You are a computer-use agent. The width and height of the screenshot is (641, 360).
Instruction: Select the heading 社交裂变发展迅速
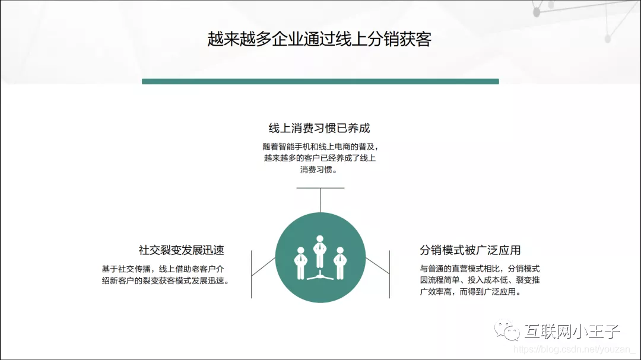(181, 250)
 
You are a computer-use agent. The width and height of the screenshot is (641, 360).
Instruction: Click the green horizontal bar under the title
(320, 81)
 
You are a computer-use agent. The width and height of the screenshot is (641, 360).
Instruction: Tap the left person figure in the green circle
(300, 262)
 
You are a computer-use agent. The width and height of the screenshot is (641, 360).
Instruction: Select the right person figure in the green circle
(339, 262)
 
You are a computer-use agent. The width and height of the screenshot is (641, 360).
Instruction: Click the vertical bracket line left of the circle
(252, 274)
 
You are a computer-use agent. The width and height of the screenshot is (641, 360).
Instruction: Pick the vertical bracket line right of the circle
(389, 274)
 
